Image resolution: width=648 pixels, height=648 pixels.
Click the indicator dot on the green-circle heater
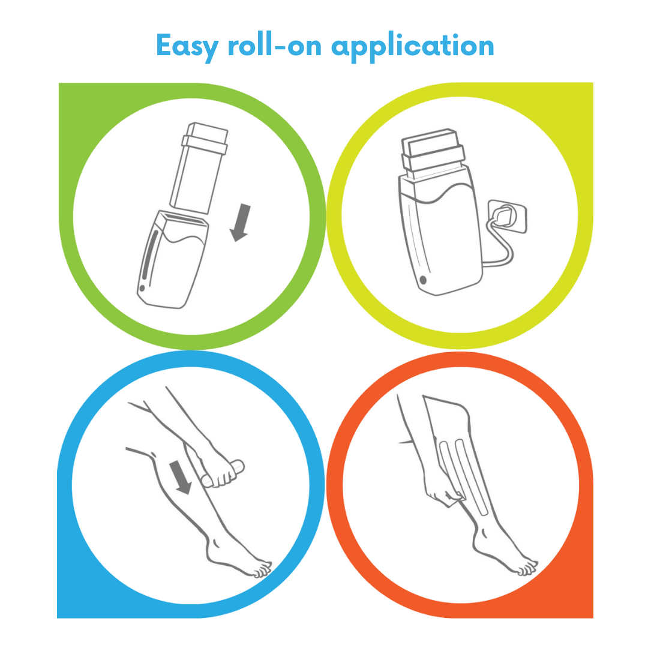(x=142, y=289)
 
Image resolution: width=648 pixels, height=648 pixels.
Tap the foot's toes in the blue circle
(x=262, y=571)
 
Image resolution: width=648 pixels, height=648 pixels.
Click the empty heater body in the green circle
(x=174, y=264)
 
